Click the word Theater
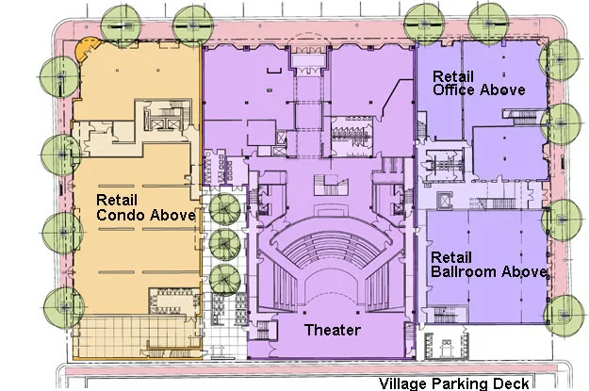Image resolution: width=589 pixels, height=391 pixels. (333, 330)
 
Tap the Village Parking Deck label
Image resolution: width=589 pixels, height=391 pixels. (454, 383)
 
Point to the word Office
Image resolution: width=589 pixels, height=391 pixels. (454, 90)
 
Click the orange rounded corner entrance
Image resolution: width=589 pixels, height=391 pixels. (86, 48)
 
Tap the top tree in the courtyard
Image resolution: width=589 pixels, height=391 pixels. (224, 209)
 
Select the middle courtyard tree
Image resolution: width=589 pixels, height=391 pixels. (224, 244)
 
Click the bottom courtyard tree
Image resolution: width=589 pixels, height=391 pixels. (224, 279)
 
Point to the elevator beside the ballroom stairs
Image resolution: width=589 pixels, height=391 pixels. (445, 200)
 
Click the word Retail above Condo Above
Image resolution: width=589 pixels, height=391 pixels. (117, 200)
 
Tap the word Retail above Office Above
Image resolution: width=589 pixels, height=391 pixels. (453, 76)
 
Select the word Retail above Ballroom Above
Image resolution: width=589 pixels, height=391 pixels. (450, 257)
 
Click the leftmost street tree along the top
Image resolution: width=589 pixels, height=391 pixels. (122, 25)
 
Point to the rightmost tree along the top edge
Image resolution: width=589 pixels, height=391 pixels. (488, 24)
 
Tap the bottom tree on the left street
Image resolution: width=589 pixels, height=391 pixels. (64, 307)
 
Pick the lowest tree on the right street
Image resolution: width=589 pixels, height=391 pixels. (564, 316)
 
